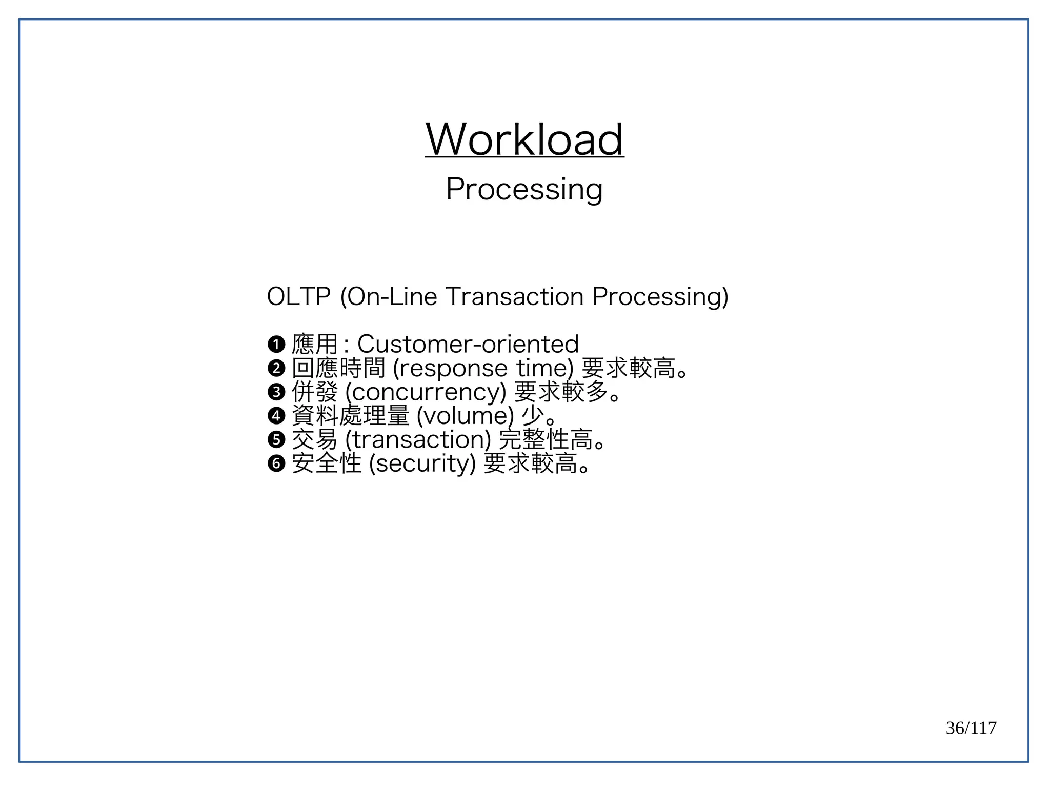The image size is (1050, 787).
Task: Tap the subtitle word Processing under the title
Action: pos(524,189)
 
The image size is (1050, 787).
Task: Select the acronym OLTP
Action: pos(298,296)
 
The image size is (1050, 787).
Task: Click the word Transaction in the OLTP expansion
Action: pos(514,296)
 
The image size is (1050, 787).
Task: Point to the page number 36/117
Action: pos(971,728)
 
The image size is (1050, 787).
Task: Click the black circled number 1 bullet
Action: pos(276,344)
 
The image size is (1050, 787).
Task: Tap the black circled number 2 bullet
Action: pos(276,368)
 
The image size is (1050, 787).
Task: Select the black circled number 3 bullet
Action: pos(276,392)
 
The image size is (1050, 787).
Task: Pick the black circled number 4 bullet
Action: pos(276,415)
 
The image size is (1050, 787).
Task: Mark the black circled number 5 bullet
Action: pos(276,439)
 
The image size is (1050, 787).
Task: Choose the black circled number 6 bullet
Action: pos(276,463)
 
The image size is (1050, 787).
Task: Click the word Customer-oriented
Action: pos(468,344)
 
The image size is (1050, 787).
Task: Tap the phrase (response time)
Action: pos(483,368)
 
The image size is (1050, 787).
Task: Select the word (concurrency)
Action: pos(426,392)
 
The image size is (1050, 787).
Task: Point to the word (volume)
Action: pos(465,415)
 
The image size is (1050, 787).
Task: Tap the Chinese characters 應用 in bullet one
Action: pos(315,344)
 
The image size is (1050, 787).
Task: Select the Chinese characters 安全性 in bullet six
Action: pos(327,463)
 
